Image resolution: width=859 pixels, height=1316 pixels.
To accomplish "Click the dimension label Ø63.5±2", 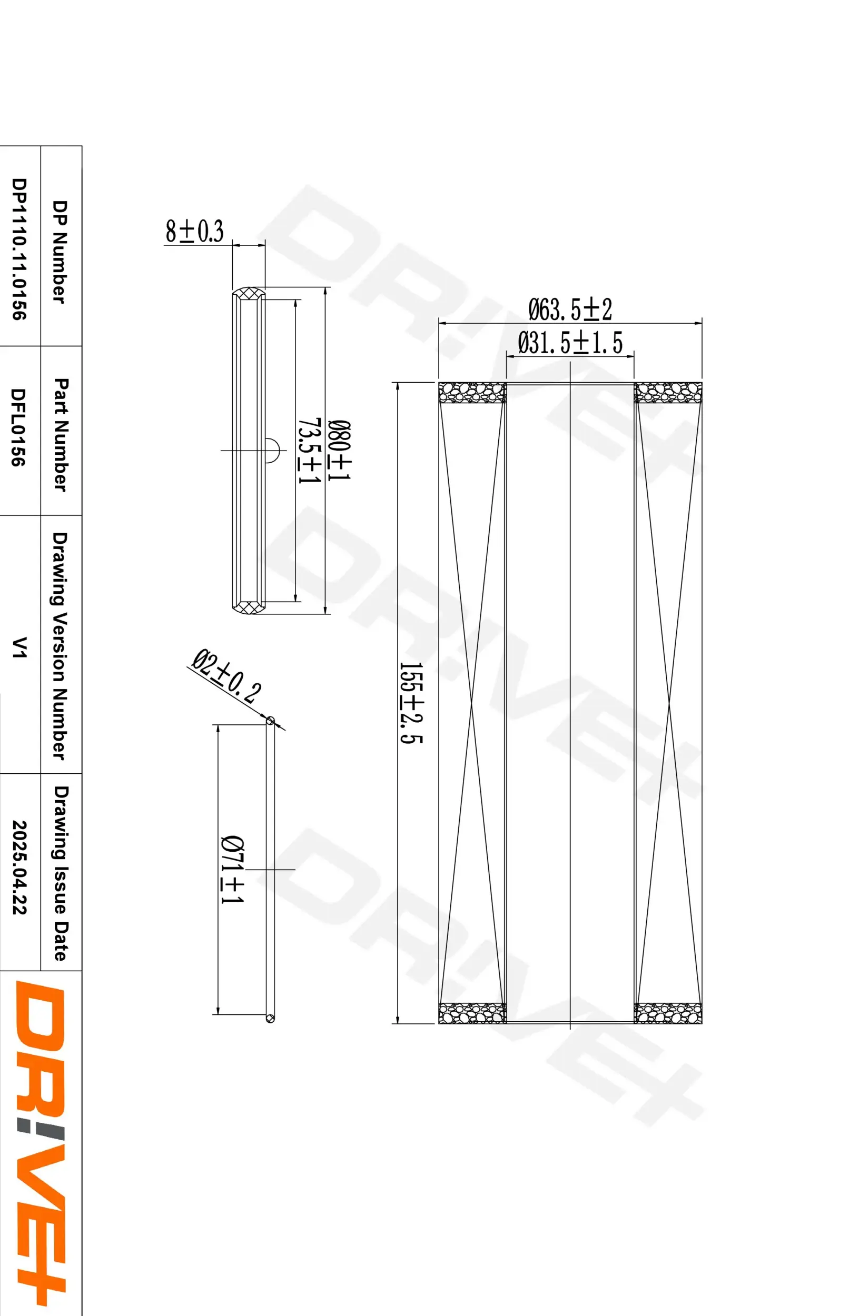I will (x=570, y=310).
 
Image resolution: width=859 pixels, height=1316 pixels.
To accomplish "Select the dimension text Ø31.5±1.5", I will (x=570, y=343).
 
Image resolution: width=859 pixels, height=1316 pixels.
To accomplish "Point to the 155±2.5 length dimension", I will (x=410, y=703).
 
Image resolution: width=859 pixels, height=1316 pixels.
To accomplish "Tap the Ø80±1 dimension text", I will (x=339, y=450).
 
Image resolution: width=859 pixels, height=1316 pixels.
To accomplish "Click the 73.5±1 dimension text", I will (x=309, y=450).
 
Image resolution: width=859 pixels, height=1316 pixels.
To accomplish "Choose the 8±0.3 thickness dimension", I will (x=194, y=231).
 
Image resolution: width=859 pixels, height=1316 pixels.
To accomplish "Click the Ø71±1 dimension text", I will (x=232, y=869).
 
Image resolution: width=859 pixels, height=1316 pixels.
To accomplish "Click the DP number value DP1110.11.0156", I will (x=19, y=249).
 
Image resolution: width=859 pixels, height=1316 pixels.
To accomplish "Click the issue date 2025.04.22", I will (x=19, y=867).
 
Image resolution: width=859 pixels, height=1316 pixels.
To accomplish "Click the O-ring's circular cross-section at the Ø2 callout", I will (x=271, y=721).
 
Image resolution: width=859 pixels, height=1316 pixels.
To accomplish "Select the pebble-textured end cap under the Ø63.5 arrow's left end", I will (x=472, y=393).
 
